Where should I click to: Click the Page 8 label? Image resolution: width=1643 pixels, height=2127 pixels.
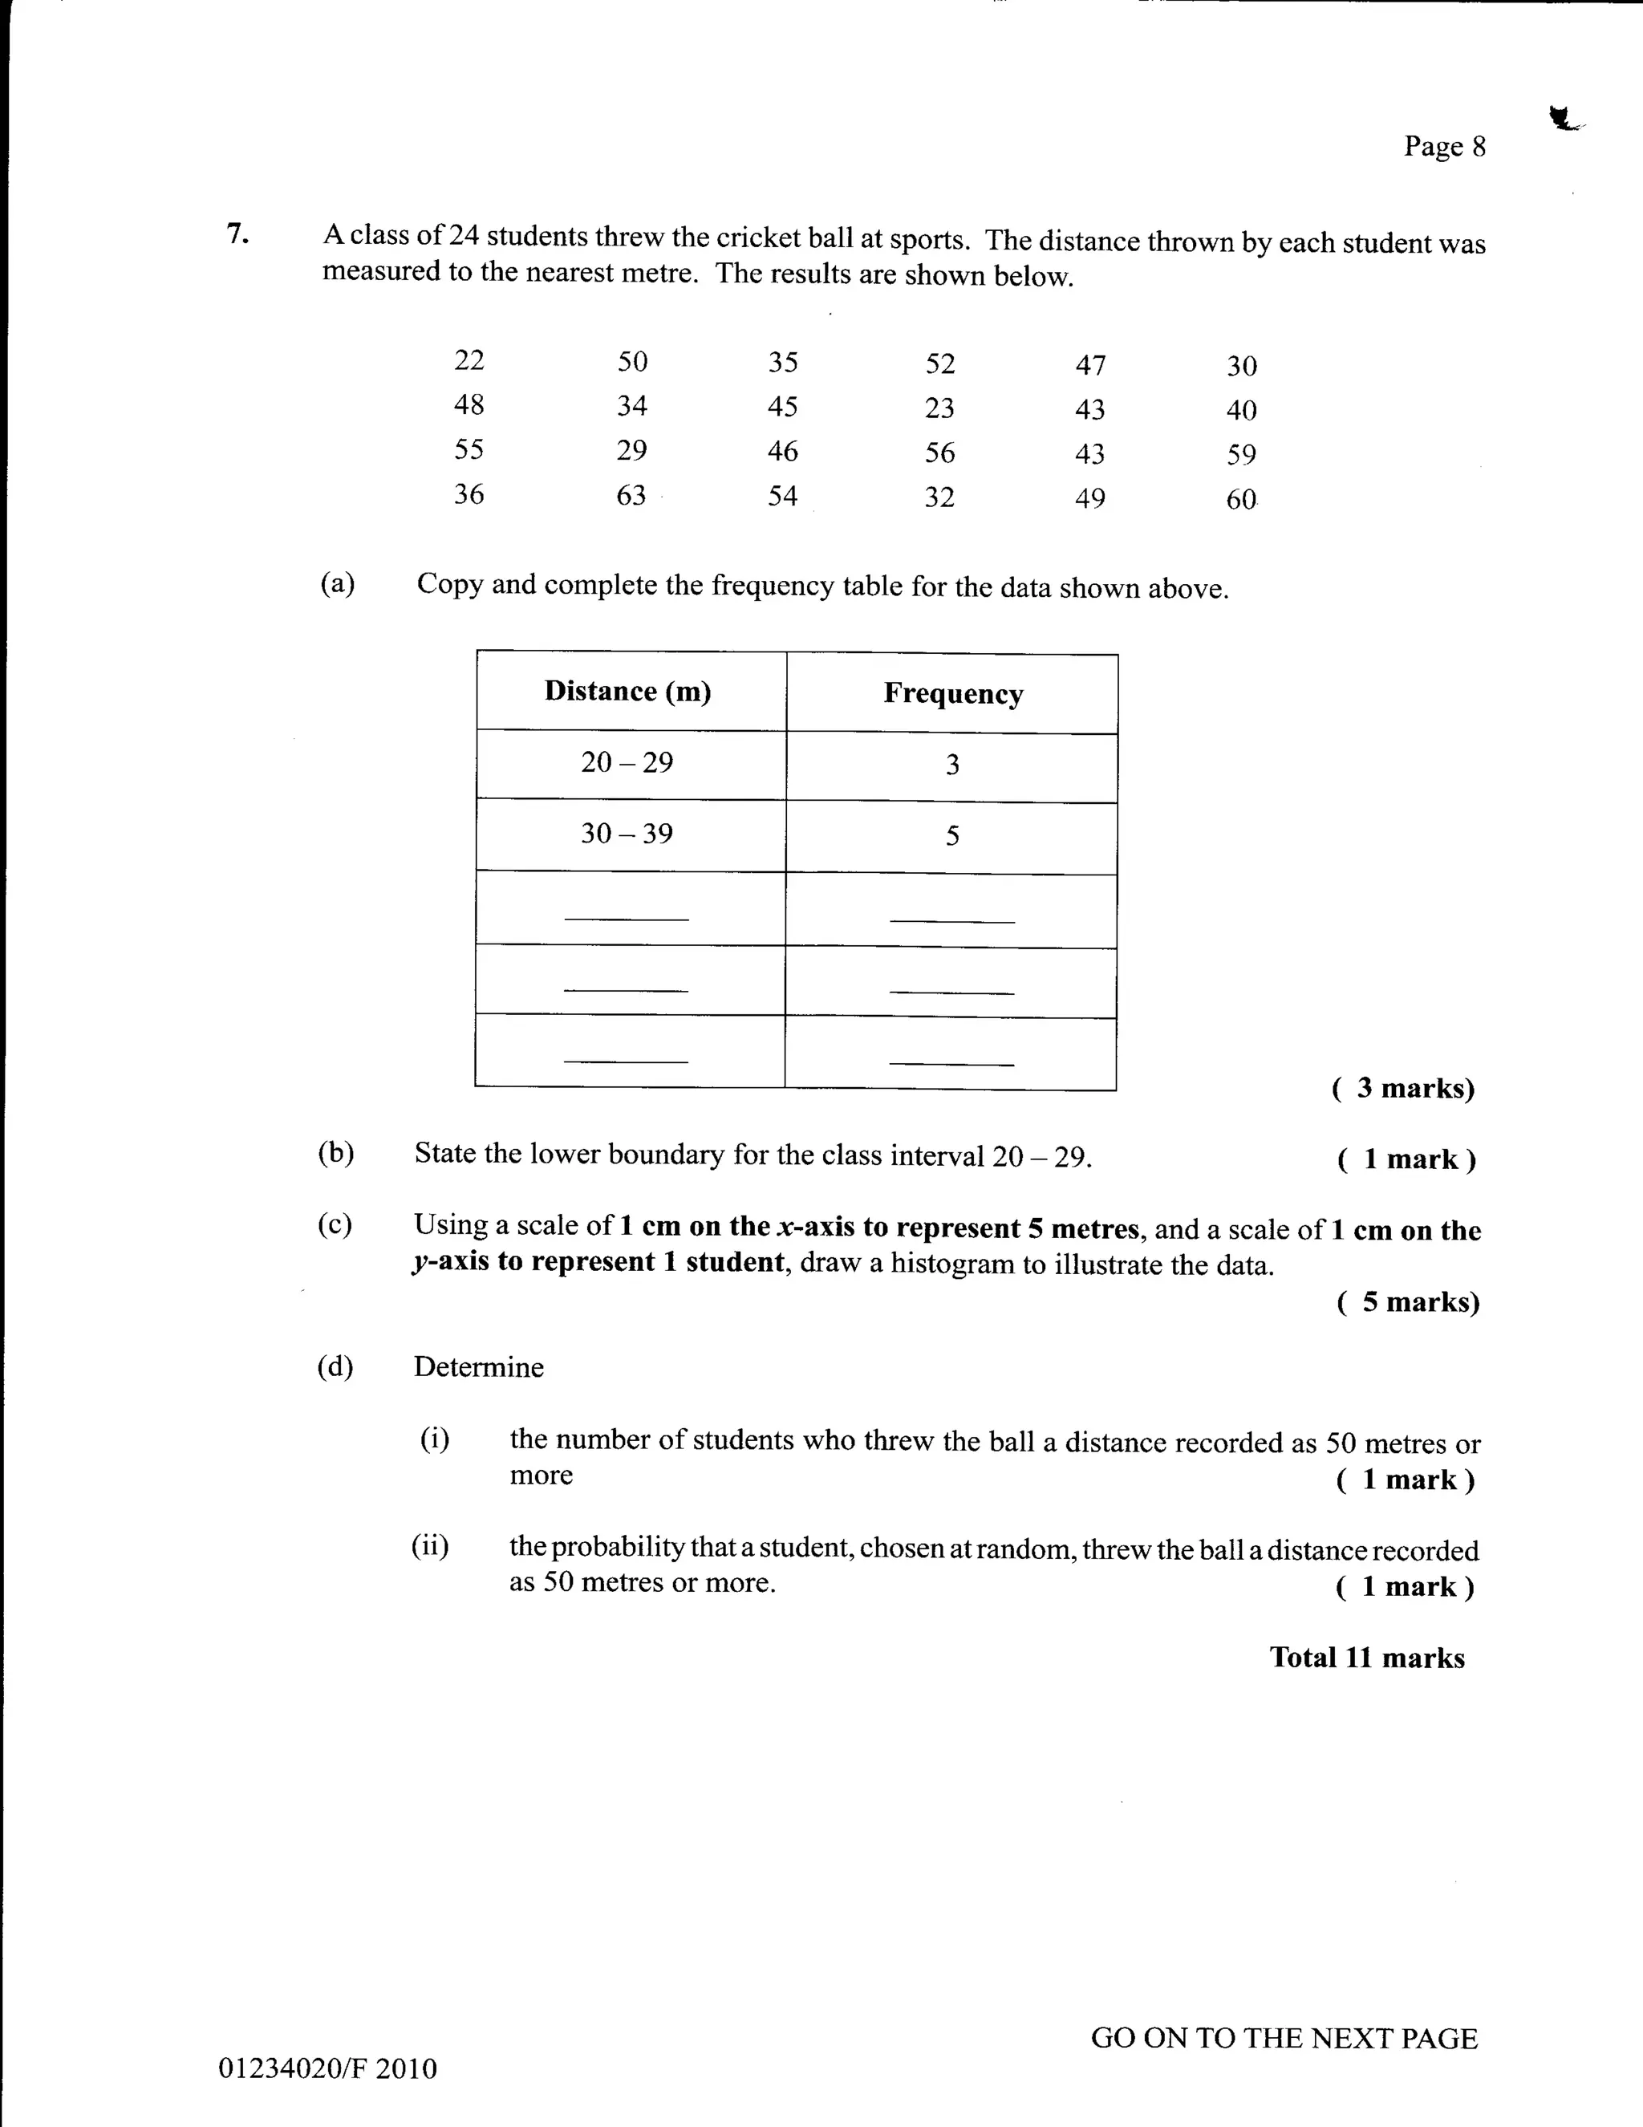tap(1444, 146)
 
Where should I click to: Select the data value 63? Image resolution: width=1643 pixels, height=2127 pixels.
tap(631, 495)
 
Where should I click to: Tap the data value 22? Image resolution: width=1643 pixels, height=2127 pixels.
tap(469, 359)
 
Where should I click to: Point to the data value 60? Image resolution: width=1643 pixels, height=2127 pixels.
tap(1241, 500)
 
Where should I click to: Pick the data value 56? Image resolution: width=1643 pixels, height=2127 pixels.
tap(939, 452)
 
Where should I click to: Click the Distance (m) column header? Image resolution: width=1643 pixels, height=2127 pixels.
tap(627, 691)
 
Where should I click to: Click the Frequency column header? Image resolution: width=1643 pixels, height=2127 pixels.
tap(952, 693)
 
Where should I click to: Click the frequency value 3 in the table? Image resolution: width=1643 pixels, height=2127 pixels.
tap(951, 765)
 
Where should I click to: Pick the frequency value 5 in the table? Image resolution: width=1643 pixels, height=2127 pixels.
tap(951, 835)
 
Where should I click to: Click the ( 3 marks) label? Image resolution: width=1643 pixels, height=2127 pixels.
tap(1402, 1088)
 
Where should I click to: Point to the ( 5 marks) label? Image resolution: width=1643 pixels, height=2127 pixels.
tap(1407, 1302)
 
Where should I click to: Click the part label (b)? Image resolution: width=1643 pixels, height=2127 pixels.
tap(335, 1153)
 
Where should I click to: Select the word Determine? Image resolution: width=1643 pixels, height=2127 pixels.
tap(478, 1366)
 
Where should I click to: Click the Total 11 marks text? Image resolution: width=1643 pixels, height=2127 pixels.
tap(1366, 1658)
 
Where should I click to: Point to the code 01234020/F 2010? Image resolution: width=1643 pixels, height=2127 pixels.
tap(327, 2068)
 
